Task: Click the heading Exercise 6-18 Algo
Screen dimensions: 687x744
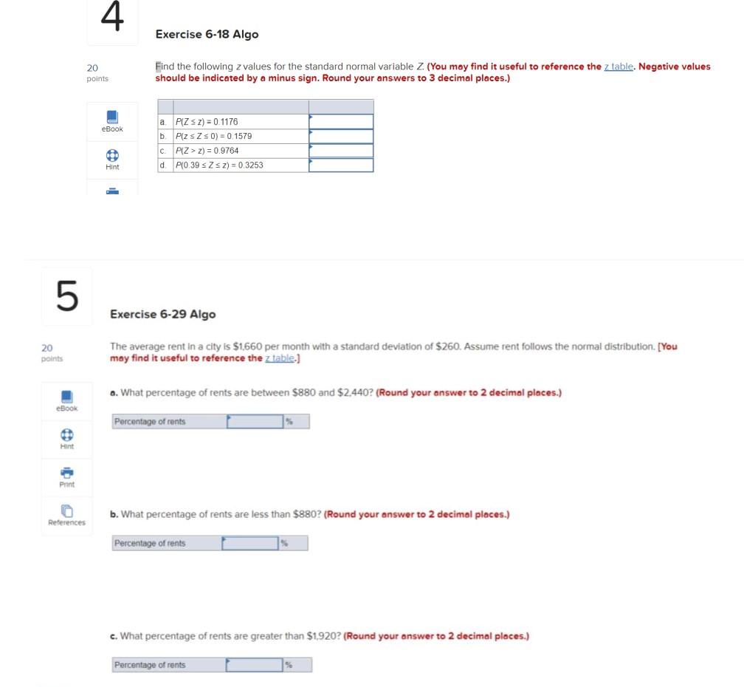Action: tap(207, 34)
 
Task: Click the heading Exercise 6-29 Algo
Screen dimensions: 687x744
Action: tap(162, 314)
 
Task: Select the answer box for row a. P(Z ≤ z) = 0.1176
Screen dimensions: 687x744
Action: tap(341, 121)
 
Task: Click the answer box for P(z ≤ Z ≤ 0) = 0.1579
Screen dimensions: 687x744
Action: tap(341, 136)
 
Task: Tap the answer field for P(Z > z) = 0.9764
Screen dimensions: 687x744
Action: tap(341, 151)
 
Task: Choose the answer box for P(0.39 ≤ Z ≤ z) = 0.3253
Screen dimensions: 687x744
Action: tap(341, 165)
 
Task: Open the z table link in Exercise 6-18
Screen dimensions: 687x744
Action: tap(619, 66)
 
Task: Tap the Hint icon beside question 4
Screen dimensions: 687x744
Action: tap(112, 156)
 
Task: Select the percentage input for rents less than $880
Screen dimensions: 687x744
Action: tap(249, 544)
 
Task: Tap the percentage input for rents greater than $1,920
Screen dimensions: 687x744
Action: tap(254, 665)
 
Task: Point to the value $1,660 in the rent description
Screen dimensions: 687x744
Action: tap(249, 346)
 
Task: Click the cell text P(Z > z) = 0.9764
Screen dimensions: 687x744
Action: tap(207, 151)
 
